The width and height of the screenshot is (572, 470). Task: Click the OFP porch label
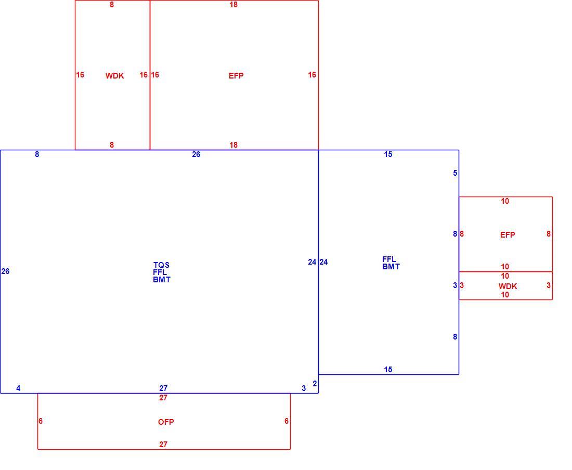[x=166, y=422]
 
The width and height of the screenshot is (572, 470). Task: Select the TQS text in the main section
[x=161, y=265]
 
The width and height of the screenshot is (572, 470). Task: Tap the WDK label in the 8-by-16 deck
[x=114, y=76]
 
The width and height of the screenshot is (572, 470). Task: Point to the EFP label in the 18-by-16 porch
[x=236, y=76]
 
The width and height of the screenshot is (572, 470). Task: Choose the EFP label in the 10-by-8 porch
[x=508, y=235]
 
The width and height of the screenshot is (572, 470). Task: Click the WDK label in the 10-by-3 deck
[x=508, y=286]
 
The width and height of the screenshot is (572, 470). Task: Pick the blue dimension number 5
[x=455, y=173]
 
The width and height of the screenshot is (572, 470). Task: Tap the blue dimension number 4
[x=18, y=388]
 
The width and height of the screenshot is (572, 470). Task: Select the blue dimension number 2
[x=315, y=384]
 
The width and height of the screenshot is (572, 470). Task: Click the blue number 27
[x=163, y=388]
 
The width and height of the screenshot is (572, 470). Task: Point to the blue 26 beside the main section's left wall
[x=5, y=271]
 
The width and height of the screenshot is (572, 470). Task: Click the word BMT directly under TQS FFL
[x=162, y=280]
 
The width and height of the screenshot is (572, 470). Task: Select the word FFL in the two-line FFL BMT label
[x=389, y=259]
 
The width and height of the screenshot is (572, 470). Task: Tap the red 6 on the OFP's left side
[x=41, y=421]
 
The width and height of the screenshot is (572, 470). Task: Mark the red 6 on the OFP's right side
[x=287, y=421]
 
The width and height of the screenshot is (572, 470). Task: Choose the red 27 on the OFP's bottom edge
[x=163, y=445]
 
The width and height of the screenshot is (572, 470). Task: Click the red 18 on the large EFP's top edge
[x=233, y=5]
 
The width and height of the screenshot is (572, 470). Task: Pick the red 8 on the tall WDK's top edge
[x=112, y=5]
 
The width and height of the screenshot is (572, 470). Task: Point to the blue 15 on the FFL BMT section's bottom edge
[x=388, y=370]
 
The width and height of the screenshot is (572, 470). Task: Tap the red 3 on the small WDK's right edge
[x=548, y=285]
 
